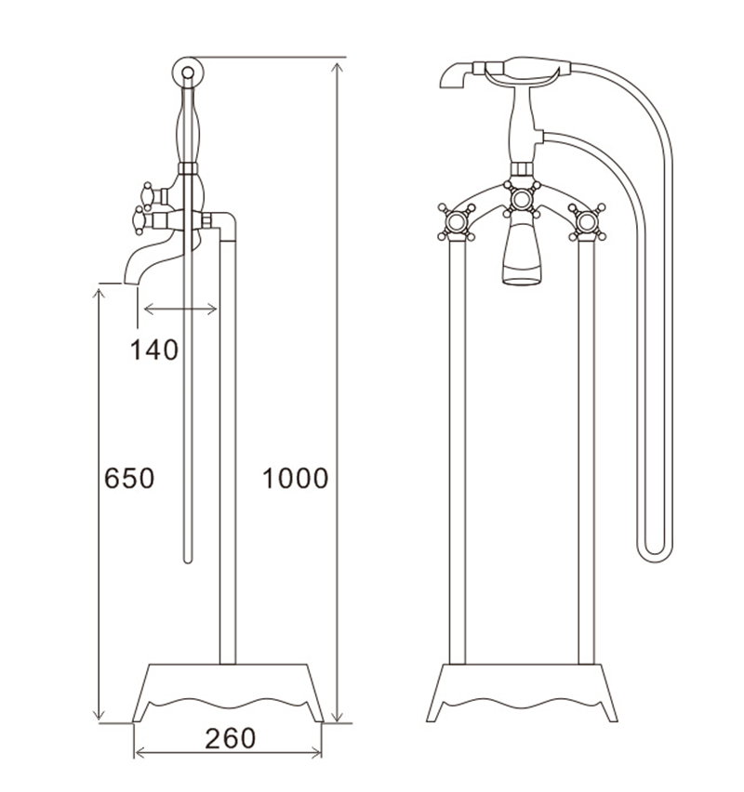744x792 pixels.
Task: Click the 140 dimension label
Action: click(153, 350)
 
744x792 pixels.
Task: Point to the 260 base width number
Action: click(229, 738)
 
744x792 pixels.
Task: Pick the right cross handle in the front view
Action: click(587, 222)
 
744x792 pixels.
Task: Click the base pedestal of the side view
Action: click(229, 692)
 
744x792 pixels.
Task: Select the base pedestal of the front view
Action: click(522, 692)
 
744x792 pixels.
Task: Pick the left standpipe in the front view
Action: click(457, 446)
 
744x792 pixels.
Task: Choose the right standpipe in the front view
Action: click(587, 446)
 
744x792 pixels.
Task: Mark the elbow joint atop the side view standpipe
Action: click(225, 224)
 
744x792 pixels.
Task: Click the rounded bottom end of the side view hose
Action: click(189, 559)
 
